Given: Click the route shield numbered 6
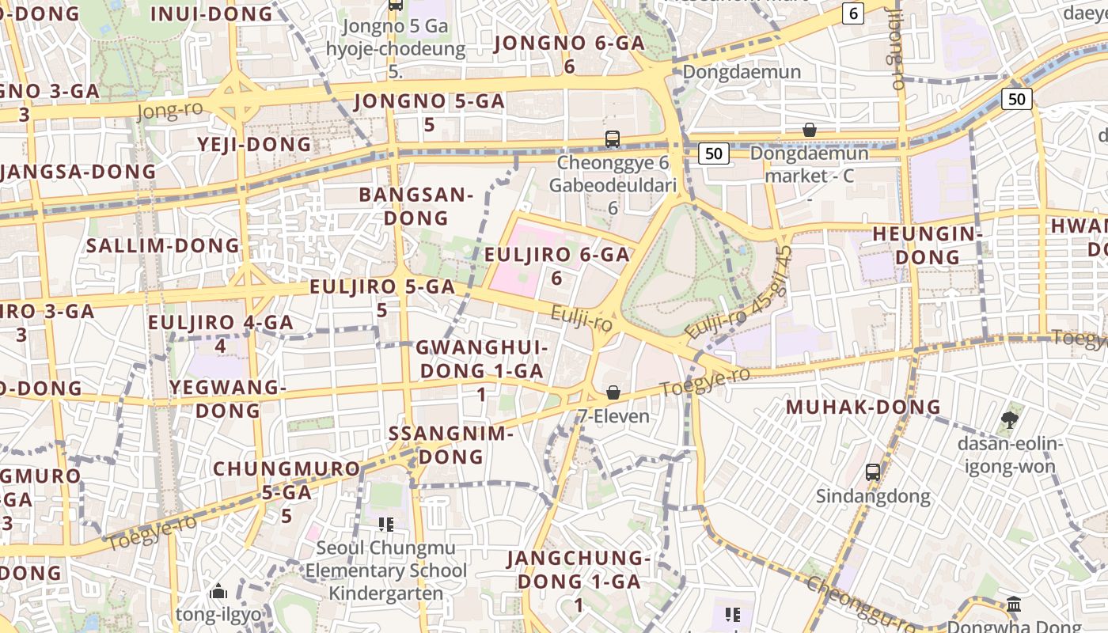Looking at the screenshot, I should coord(852,13).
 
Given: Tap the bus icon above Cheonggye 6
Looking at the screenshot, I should coord(612,139).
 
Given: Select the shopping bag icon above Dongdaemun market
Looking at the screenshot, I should coord(809,130).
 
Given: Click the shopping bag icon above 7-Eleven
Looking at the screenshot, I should coord(613,392).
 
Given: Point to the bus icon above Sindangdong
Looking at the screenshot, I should coord(872,472).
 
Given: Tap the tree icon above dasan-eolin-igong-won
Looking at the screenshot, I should coord(1009,419).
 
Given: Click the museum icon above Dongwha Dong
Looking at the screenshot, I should coord(1014,605).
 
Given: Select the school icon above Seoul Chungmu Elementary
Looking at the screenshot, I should coord(386,524).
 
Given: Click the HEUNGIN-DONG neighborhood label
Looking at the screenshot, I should coord(927,245).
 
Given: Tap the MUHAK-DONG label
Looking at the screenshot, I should coord(863,407).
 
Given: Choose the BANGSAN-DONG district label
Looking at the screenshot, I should coord(415,206).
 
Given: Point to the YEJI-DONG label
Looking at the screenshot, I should coord(254,144).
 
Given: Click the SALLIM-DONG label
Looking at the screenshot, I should coord(162,245).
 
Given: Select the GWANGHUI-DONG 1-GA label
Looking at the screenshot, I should coord(481,370).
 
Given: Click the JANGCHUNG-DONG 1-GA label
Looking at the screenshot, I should coord(578,581).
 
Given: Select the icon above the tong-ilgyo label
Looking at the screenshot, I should coord(218,591).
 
